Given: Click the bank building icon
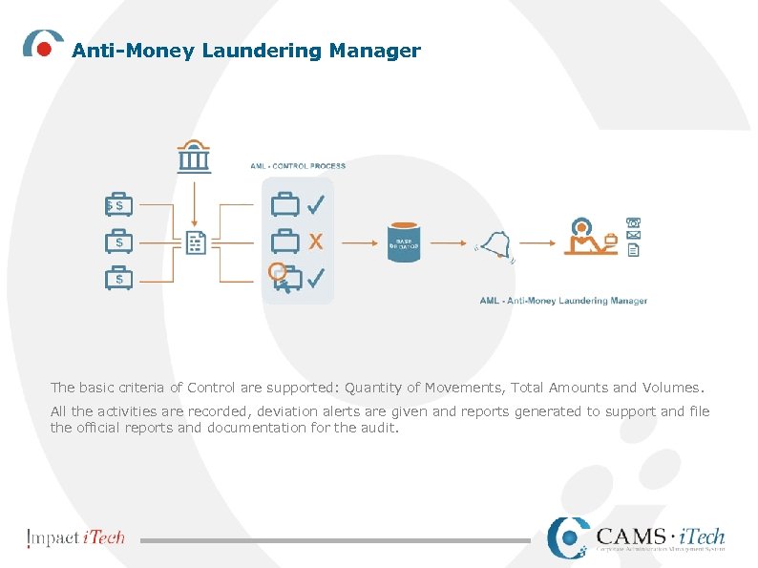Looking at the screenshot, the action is coord(194,158).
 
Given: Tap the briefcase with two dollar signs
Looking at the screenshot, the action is coord(118,205).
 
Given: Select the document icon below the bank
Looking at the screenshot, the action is coord(195,242).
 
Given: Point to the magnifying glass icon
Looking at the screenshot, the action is coord(277,271).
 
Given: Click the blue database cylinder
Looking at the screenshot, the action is coord(404,243).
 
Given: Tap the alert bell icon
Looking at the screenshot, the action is coord(495,246).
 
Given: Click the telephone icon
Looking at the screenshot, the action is coord(634,221).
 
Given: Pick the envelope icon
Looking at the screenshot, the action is coord(634,235).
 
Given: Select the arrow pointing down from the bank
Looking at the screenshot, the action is coord(194,202).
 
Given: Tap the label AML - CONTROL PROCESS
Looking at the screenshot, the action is coord(298,166).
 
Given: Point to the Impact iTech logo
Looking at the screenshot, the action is coord(76,537).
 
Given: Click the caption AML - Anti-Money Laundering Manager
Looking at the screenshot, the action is coord(563,301).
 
